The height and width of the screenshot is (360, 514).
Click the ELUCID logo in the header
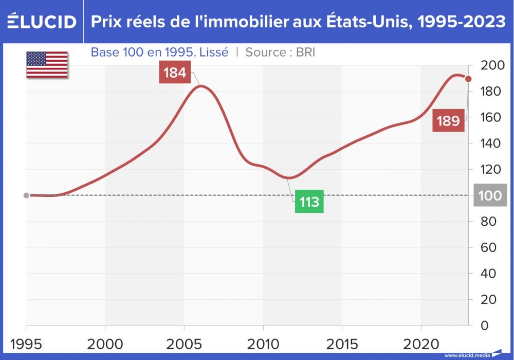[x=41, y=22]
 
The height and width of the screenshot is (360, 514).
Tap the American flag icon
[x=47, y=64]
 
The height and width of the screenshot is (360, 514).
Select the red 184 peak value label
[x=175, y=73]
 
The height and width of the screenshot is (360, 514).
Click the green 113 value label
[x=309, y=202]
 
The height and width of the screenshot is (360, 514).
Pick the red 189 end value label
[x=448, y=121]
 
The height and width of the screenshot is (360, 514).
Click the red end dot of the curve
[x=468, y=79]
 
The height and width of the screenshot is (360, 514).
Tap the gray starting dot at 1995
[x=26, y=195]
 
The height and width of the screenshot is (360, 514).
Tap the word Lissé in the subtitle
[x=211, y=52]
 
